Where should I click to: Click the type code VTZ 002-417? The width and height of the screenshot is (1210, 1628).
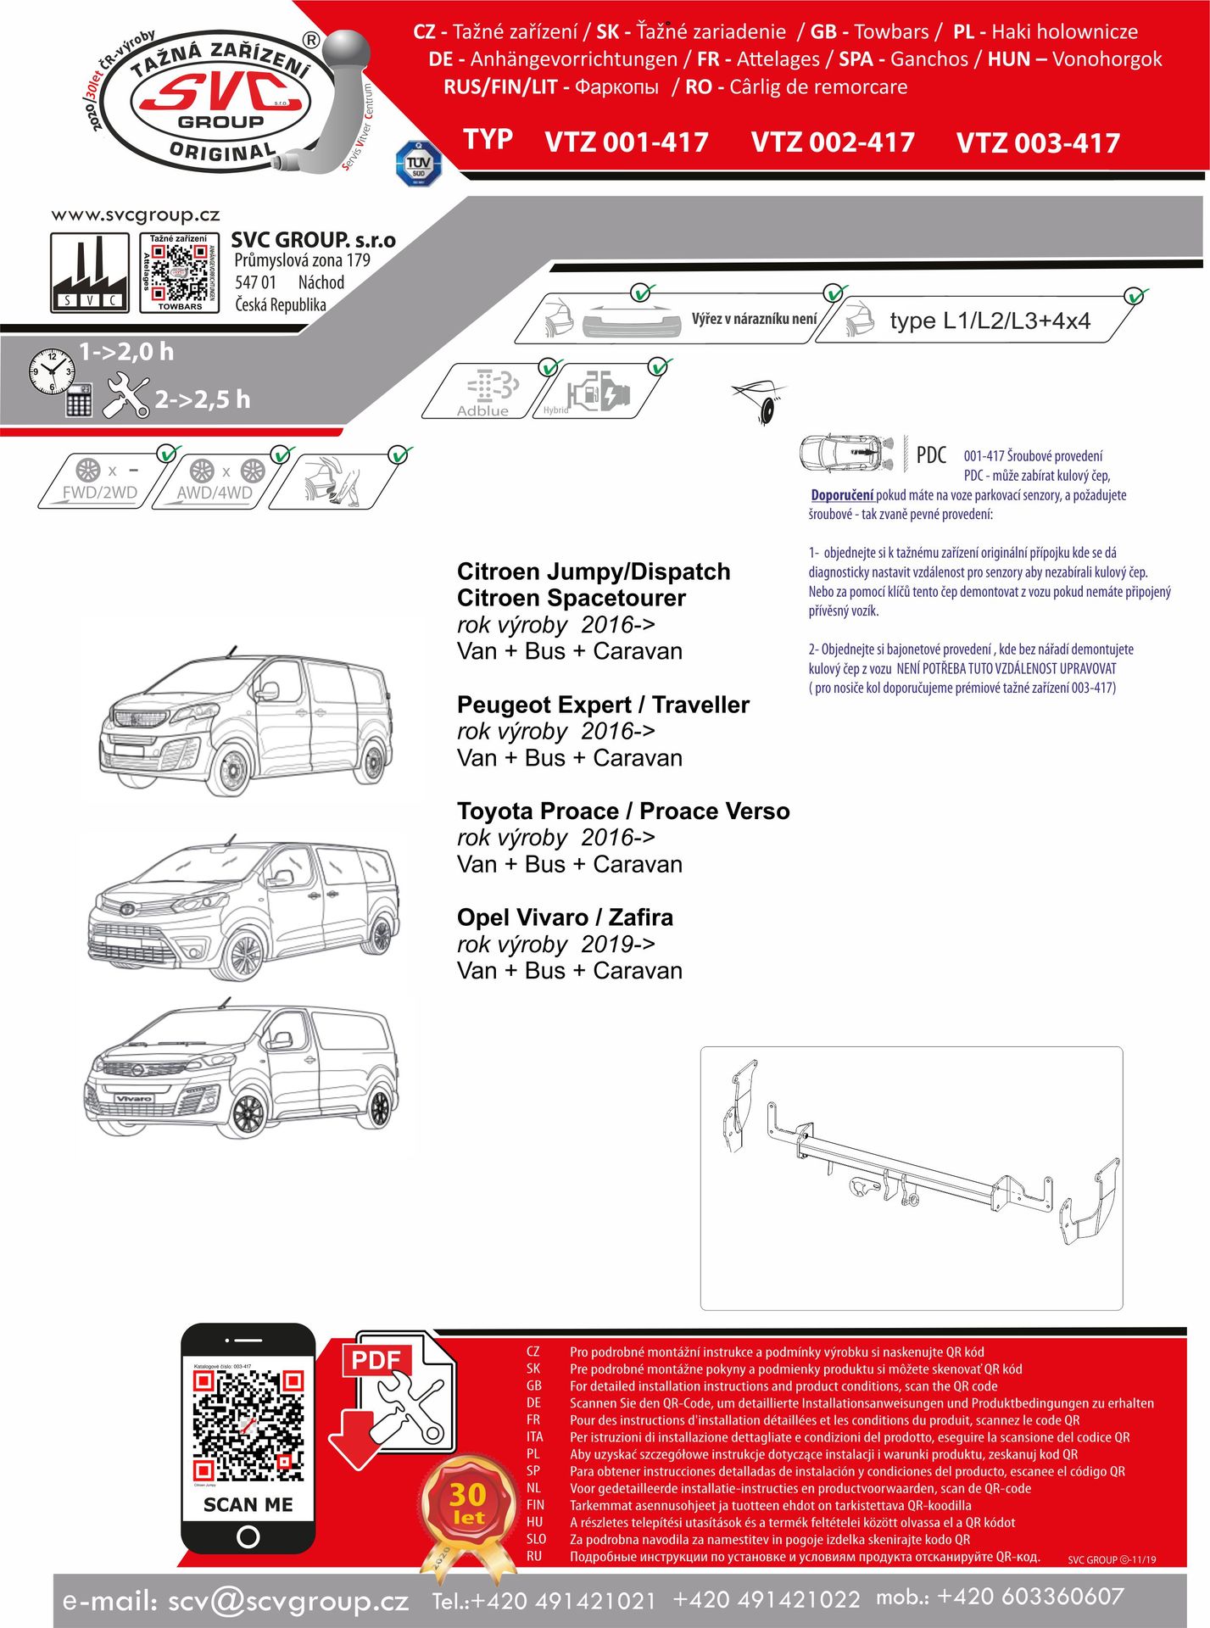coord(832,142)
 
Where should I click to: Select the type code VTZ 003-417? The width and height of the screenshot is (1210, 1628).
coord(1038,143)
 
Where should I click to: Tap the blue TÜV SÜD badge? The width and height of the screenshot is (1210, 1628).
coord(419,164)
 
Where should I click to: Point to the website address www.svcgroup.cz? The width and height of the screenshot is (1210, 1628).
coord(136,215)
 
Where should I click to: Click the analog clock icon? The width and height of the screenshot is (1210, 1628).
coord(52,371)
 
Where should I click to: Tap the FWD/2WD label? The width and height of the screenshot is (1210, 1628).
coord(100,493)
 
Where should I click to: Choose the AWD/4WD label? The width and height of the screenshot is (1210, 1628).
coord(215,493)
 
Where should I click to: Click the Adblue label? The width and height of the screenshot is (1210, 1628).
coord(482,411)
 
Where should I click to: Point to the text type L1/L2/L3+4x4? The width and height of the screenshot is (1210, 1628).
coord(990,321)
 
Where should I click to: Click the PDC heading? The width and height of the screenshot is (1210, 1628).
coord(931,455)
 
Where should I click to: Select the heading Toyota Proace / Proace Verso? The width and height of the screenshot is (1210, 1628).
coord(623,811)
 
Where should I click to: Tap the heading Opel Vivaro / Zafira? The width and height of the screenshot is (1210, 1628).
coord(565,917)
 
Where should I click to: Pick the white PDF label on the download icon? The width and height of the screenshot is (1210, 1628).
coord(376,1360)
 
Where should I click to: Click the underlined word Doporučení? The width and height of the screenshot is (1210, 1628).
coord(841,495)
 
